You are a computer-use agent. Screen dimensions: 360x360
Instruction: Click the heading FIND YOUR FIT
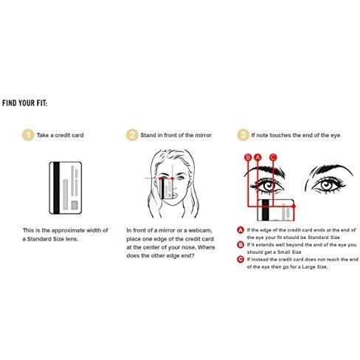point(24,103)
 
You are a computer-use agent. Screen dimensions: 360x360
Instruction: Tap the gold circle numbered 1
point(28,135)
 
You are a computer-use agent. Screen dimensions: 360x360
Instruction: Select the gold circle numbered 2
point(132,135)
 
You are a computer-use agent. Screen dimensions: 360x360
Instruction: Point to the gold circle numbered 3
point(243,135)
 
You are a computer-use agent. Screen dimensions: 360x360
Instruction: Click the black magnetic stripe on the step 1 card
point(56,188)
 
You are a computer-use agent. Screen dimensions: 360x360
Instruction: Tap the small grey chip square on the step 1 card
point(75,205)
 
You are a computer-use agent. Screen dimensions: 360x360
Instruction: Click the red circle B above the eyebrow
point(249,157)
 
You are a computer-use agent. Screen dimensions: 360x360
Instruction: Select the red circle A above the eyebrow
point(257,157)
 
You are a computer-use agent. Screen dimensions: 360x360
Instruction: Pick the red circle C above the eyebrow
point(273,157)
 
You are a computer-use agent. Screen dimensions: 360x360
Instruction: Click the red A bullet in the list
point(240,230)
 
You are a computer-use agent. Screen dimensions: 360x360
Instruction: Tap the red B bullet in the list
point(240,245)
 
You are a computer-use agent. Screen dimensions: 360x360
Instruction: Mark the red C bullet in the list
point(240,259)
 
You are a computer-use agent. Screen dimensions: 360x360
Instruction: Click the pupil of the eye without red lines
point(326,185)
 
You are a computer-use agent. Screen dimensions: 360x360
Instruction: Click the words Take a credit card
point(60,135)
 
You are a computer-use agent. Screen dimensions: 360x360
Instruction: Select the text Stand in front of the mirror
point(176,135)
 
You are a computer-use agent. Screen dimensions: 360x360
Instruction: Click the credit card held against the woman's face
point(167,188)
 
